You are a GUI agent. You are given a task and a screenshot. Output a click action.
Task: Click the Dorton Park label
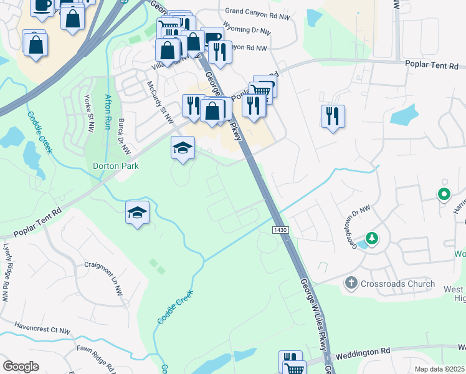tap(115, 166)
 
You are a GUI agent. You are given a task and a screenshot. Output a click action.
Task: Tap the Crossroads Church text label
tap(396, 284)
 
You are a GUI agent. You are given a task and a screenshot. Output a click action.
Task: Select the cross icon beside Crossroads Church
tap(351, 284)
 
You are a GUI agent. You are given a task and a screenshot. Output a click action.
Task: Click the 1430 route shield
tap(280, 230)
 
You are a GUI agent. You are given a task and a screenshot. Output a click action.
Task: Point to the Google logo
tap(21, 366)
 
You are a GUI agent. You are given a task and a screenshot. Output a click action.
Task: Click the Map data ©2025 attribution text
tap(440, 369)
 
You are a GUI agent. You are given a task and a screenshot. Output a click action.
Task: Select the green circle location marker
tap(444, 194)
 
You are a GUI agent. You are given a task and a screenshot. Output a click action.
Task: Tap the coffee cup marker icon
tap(41, 5)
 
